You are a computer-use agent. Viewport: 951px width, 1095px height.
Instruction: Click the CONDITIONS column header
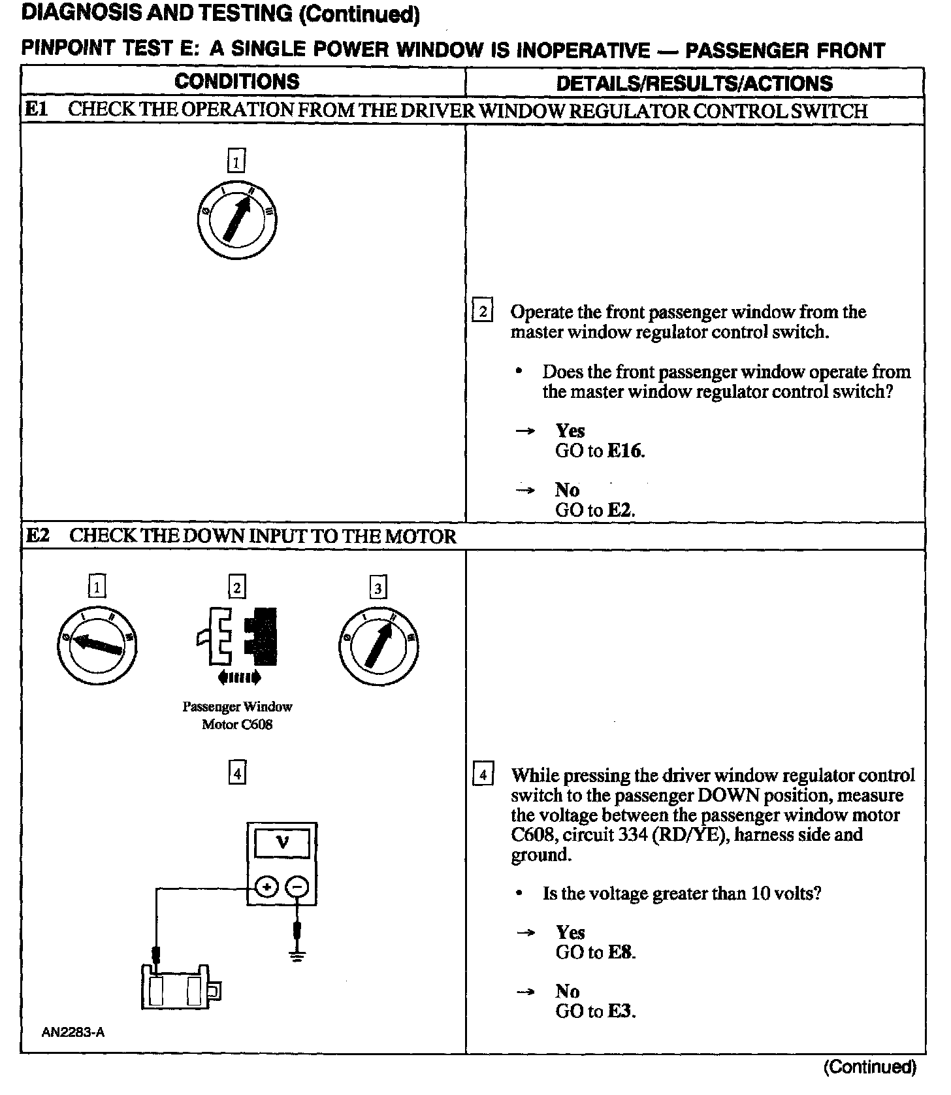[236, 82]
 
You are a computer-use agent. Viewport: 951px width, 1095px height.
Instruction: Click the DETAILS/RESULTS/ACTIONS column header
[694, 83]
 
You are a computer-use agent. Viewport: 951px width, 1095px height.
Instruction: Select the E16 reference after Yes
[624, 451]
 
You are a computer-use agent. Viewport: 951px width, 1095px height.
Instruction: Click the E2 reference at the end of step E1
[620, 510]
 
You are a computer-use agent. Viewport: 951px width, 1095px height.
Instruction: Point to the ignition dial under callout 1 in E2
[97, 646]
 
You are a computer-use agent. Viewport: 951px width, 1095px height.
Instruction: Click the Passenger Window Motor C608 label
[237, 715]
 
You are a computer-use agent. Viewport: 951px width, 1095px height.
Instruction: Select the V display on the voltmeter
[282, 843]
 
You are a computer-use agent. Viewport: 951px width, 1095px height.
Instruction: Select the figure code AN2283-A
[73, 1032]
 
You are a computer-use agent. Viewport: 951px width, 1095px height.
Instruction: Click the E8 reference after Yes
[621, 953]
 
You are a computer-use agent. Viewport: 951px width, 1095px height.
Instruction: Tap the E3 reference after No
[621, 1011]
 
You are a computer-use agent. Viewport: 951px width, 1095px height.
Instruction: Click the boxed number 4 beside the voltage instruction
[483, 775]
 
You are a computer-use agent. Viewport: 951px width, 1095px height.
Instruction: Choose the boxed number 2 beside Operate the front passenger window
[482, 312]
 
